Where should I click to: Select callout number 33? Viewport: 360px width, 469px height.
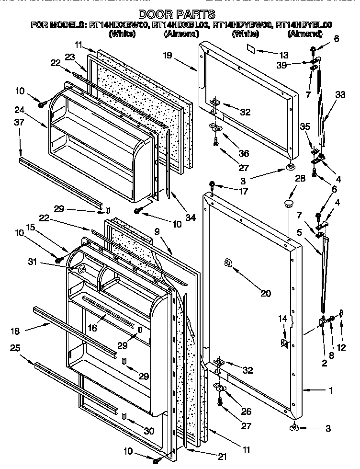point(340,95)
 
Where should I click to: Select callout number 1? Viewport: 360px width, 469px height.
point(330,390)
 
